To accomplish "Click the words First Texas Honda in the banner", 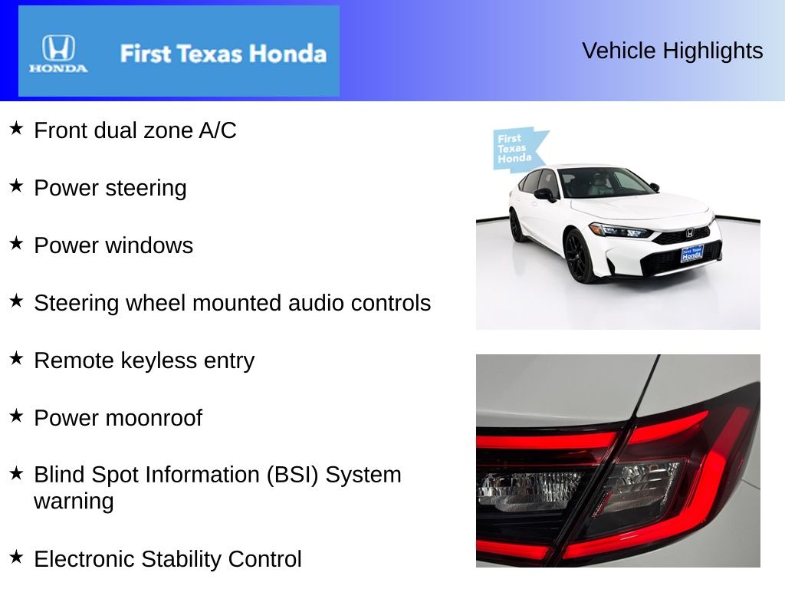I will click(223, 54).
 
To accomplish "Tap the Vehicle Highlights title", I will click(672, 51).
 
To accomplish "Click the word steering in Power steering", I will click(147, 189).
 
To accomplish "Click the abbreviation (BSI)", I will click(292, 475).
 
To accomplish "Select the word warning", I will click(74, 502).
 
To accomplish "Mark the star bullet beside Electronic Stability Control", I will click(16, 556).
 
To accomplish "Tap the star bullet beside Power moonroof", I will click(16, 415).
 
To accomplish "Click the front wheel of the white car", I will click(580, 257).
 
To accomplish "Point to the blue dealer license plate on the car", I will click(691, 253).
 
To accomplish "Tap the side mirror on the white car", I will click(544, 195).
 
